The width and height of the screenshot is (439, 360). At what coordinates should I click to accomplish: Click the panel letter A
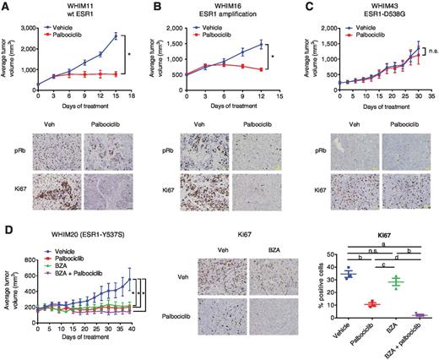click(x=5, y=6)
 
